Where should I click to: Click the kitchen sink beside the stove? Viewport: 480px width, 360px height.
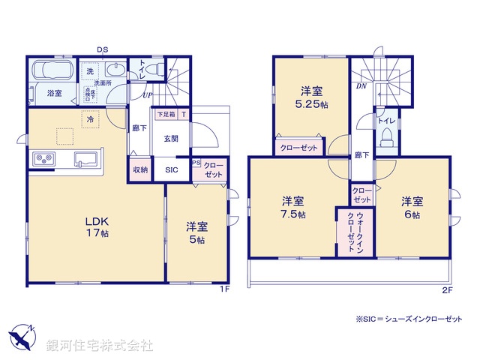coord(84,159)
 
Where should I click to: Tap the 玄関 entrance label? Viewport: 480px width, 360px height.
coord(170,139)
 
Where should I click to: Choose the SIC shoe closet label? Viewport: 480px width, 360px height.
coord(172,169)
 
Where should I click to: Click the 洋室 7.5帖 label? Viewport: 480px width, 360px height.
coord(292,207)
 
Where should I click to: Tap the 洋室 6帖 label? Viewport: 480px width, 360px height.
coord(412,207)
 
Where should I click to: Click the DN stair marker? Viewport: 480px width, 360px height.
coord(361,85)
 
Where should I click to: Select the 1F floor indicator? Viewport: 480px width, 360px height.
coord(224,289)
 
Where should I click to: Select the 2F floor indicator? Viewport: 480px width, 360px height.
coord(447,289)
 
